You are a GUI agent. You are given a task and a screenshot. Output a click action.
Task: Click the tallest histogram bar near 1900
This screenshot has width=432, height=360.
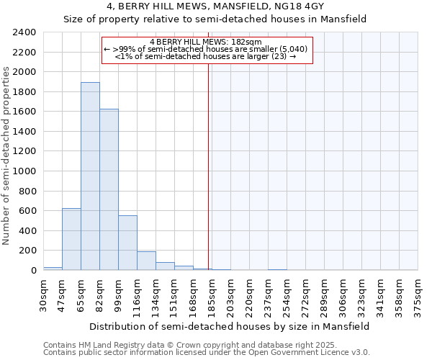[90, 176]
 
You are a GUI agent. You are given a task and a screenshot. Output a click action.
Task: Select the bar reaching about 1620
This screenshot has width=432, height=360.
[109, 189]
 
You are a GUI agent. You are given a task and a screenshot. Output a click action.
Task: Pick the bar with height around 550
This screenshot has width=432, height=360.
[127, 243]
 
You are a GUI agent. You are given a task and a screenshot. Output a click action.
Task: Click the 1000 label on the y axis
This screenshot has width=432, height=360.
[24, 171]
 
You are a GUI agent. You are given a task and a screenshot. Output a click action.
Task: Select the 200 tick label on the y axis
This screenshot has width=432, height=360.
[27, 251]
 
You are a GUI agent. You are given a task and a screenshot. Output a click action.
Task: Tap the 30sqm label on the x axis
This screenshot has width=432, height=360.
[43, 292]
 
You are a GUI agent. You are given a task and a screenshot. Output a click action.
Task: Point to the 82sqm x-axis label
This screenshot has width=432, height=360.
[99, 292]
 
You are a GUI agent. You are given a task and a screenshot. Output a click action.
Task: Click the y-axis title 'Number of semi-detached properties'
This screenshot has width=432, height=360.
[6, 155]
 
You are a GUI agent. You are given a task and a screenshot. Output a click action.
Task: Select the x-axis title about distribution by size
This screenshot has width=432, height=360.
[230, 326]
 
